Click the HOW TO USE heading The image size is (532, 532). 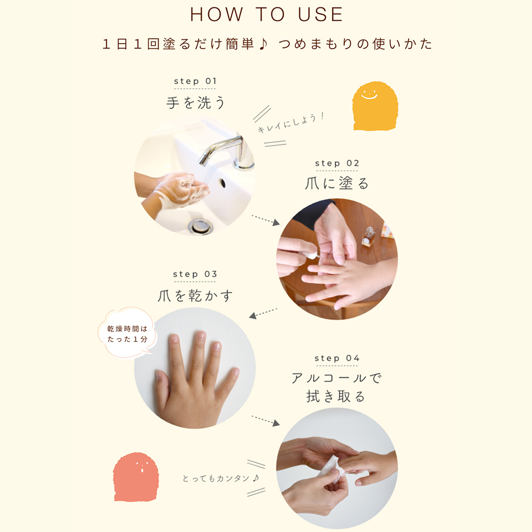(267, 14)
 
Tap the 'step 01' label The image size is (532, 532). (195, 81)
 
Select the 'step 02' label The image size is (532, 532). (337, 163)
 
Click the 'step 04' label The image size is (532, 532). (337, 358)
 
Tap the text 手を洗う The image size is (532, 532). (195, 103)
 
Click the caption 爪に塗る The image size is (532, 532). (337, 184)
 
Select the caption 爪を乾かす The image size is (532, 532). (195, 295)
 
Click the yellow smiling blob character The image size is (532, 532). (375, 106)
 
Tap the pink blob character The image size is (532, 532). (136, 477)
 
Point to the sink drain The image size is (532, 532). (201, 226)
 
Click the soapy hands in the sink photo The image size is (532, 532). (179, 189)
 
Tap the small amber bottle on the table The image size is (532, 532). (368, 236)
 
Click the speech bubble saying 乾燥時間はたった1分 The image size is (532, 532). (127, 332)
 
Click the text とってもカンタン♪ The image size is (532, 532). (221, 478)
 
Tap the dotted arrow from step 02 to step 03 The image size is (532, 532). (263, 313)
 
